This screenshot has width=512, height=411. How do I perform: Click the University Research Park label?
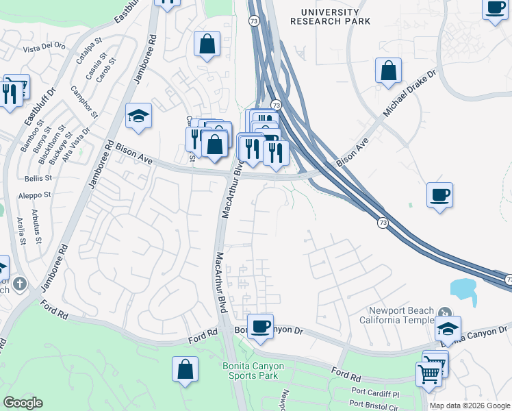coord(330,17)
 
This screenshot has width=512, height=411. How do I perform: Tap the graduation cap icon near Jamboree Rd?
coord(138,116)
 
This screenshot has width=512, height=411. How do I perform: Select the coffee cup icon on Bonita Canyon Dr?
coord(259,327)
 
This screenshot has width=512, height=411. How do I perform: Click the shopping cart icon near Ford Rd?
coord(428,374)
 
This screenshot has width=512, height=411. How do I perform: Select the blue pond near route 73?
coord(465,290)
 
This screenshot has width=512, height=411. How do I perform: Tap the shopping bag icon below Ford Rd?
coord(185,370)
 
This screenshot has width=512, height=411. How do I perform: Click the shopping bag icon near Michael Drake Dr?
coord(388,71)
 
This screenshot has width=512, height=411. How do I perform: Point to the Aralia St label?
coord(21,231)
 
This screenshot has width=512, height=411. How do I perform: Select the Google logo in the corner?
coord(23,403)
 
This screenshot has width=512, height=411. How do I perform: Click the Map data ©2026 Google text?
coord(470,406)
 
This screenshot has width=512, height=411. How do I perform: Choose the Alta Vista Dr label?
coord(77,142)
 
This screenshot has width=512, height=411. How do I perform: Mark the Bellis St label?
coord(38,177)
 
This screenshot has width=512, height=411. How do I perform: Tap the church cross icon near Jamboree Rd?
coord(20,282)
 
